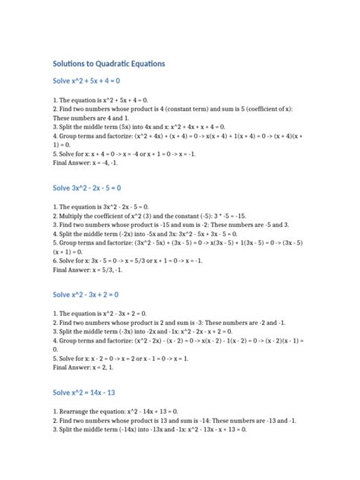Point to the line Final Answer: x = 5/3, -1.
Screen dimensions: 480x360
coord(90,270)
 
